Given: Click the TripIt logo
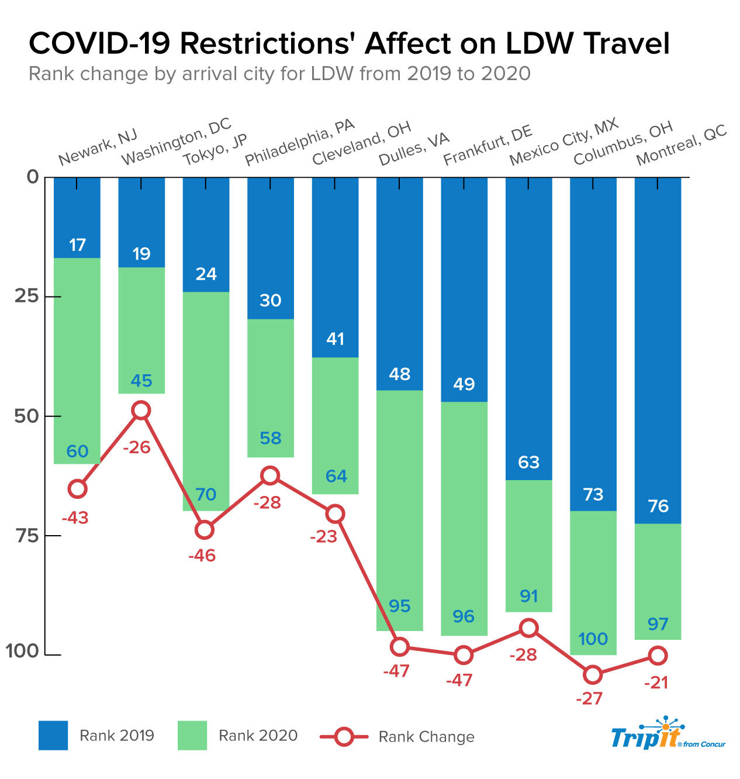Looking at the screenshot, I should (x=667, y=733).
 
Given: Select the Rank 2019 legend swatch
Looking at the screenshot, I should (x=53, y=736).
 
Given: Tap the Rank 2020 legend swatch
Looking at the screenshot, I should (x=192, y=736).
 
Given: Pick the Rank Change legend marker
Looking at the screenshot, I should (x=344, y=737).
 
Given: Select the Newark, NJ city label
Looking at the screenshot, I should (x=98, y=147).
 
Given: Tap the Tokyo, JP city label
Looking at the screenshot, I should (x=215, y=150).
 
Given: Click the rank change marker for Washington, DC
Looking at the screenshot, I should (x=141, y=411).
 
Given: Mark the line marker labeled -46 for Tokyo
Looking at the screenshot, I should (x=205, y=530).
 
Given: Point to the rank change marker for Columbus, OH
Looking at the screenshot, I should (x=593, y=675).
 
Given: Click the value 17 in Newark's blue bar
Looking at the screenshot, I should (x=77, y=245).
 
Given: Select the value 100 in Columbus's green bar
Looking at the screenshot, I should (x=593, y=639).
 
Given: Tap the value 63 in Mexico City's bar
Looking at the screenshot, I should (x=528, y=463).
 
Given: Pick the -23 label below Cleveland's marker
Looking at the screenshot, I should (x=323, y=537).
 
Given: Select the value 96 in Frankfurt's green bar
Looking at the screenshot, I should (x=464, y=616).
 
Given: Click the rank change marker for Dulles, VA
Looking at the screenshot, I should (x=400, y=646).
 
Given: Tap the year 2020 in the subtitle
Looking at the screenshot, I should (x=506, y=74).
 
